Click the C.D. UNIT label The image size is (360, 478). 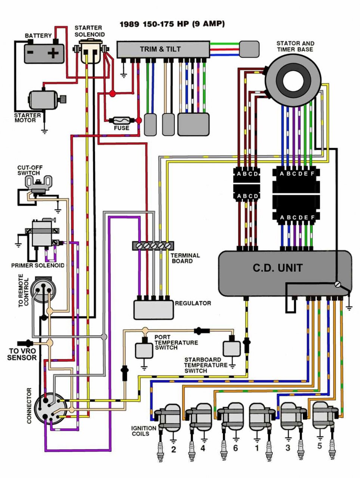coord(278,268)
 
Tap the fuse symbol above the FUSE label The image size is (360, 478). coord(122,120)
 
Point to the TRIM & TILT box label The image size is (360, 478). coord(160,49)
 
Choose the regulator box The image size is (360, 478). coord(153,309)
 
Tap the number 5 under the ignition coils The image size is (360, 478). coord(319,446)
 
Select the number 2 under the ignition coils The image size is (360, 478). coord(173,449)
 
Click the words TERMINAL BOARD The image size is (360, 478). coord(185,258)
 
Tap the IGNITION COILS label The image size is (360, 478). coord(144,431)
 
